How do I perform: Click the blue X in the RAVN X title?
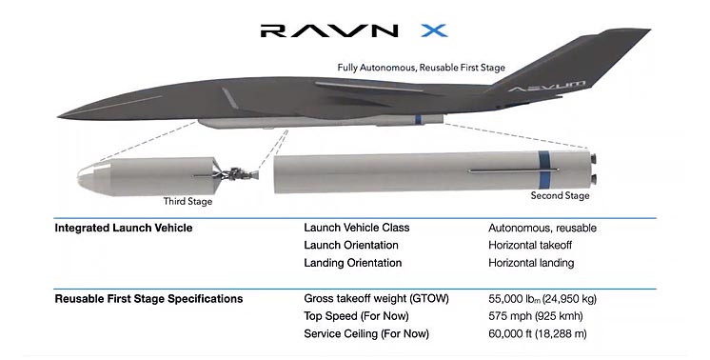pos(434,30)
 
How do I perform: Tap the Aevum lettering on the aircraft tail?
pos(546,86)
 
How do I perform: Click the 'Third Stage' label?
pos(187,201)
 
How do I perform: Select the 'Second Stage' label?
pos(561,195)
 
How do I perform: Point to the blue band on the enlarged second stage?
pos(544,171)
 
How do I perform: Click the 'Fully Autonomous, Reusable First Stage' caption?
pos(421,68)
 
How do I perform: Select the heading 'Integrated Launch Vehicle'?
pos(124,228)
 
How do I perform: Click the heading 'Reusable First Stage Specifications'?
pos(149,299)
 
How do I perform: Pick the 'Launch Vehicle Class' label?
pos(357,228)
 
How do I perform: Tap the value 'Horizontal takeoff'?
pos(530,246)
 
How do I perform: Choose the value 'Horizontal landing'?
pos(531,263)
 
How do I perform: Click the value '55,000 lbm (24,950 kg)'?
pos(542,299)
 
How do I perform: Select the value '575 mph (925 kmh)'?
pos(536,316)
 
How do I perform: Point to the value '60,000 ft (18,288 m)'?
pos(538,334)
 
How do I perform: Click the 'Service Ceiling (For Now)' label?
pos(366,334)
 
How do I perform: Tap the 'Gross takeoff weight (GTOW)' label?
pos(376,299)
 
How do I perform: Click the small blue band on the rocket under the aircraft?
pos(418,120)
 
